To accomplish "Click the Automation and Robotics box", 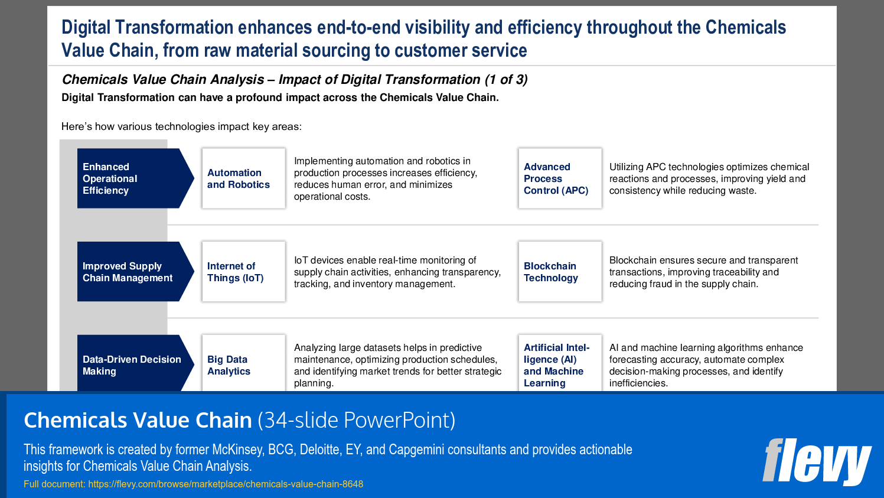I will point(243,178).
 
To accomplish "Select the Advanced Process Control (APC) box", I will point(560,178).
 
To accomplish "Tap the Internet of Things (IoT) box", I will point(243,272).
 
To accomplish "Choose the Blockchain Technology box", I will point(560,272).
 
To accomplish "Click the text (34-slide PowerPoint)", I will point(357,420).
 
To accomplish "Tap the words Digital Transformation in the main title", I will point(148,28).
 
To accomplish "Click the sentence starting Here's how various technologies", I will point(181,126).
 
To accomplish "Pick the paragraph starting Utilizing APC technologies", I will point(709,178).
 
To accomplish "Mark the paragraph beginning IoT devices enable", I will point(397,272).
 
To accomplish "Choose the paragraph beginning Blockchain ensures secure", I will point(703,272).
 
